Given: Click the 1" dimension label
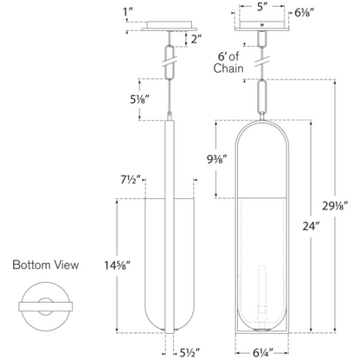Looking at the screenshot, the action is [127, 12].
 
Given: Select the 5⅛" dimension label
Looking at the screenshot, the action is [139, 100].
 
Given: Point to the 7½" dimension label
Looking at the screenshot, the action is [131, 180].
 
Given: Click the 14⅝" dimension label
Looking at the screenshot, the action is [118, 265].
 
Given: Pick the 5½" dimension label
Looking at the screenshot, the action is [190, 353].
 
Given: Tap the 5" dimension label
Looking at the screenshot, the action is [260, 8].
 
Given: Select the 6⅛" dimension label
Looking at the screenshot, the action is [304, 12].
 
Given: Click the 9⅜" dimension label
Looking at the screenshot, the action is [217, 159].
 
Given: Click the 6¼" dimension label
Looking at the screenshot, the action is [263, 353].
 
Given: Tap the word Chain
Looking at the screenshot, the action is [228, 68].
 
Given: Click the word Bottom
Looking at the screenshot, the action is [32, 265].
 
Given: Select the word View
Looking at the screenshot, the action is [67, 265].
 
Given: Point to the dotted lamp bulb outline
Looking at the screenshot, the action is [261, 277].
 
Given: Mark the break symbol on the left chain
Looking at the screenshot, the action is [169, 62].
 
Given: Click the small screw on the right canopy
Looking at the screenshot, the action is [262, 25].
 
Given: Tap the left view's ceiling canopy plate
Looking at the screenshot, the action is [170, 26].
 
